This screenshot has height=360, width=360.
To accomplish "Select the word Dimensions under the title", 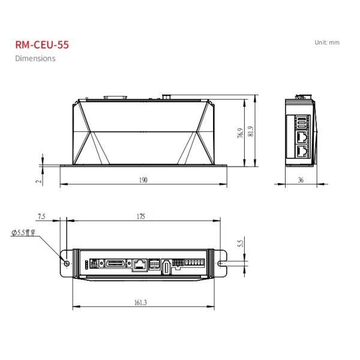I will click(35, 58).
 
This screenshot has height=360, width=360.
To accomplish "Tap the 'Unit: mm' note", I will click(326, 43).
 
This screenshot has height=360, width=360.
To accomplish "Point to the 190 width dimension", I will click(143, 180).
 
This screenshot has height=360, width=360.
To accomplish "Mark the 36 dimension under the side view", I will click(301, 180).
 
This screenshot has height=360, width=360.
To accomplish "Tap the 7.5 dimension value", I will click(41, 217).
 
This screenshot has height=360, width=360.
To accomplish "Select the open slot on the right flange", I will click(221, 263).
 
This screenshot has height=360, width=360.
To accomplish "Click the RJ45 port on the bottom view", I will click(140, 263).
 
